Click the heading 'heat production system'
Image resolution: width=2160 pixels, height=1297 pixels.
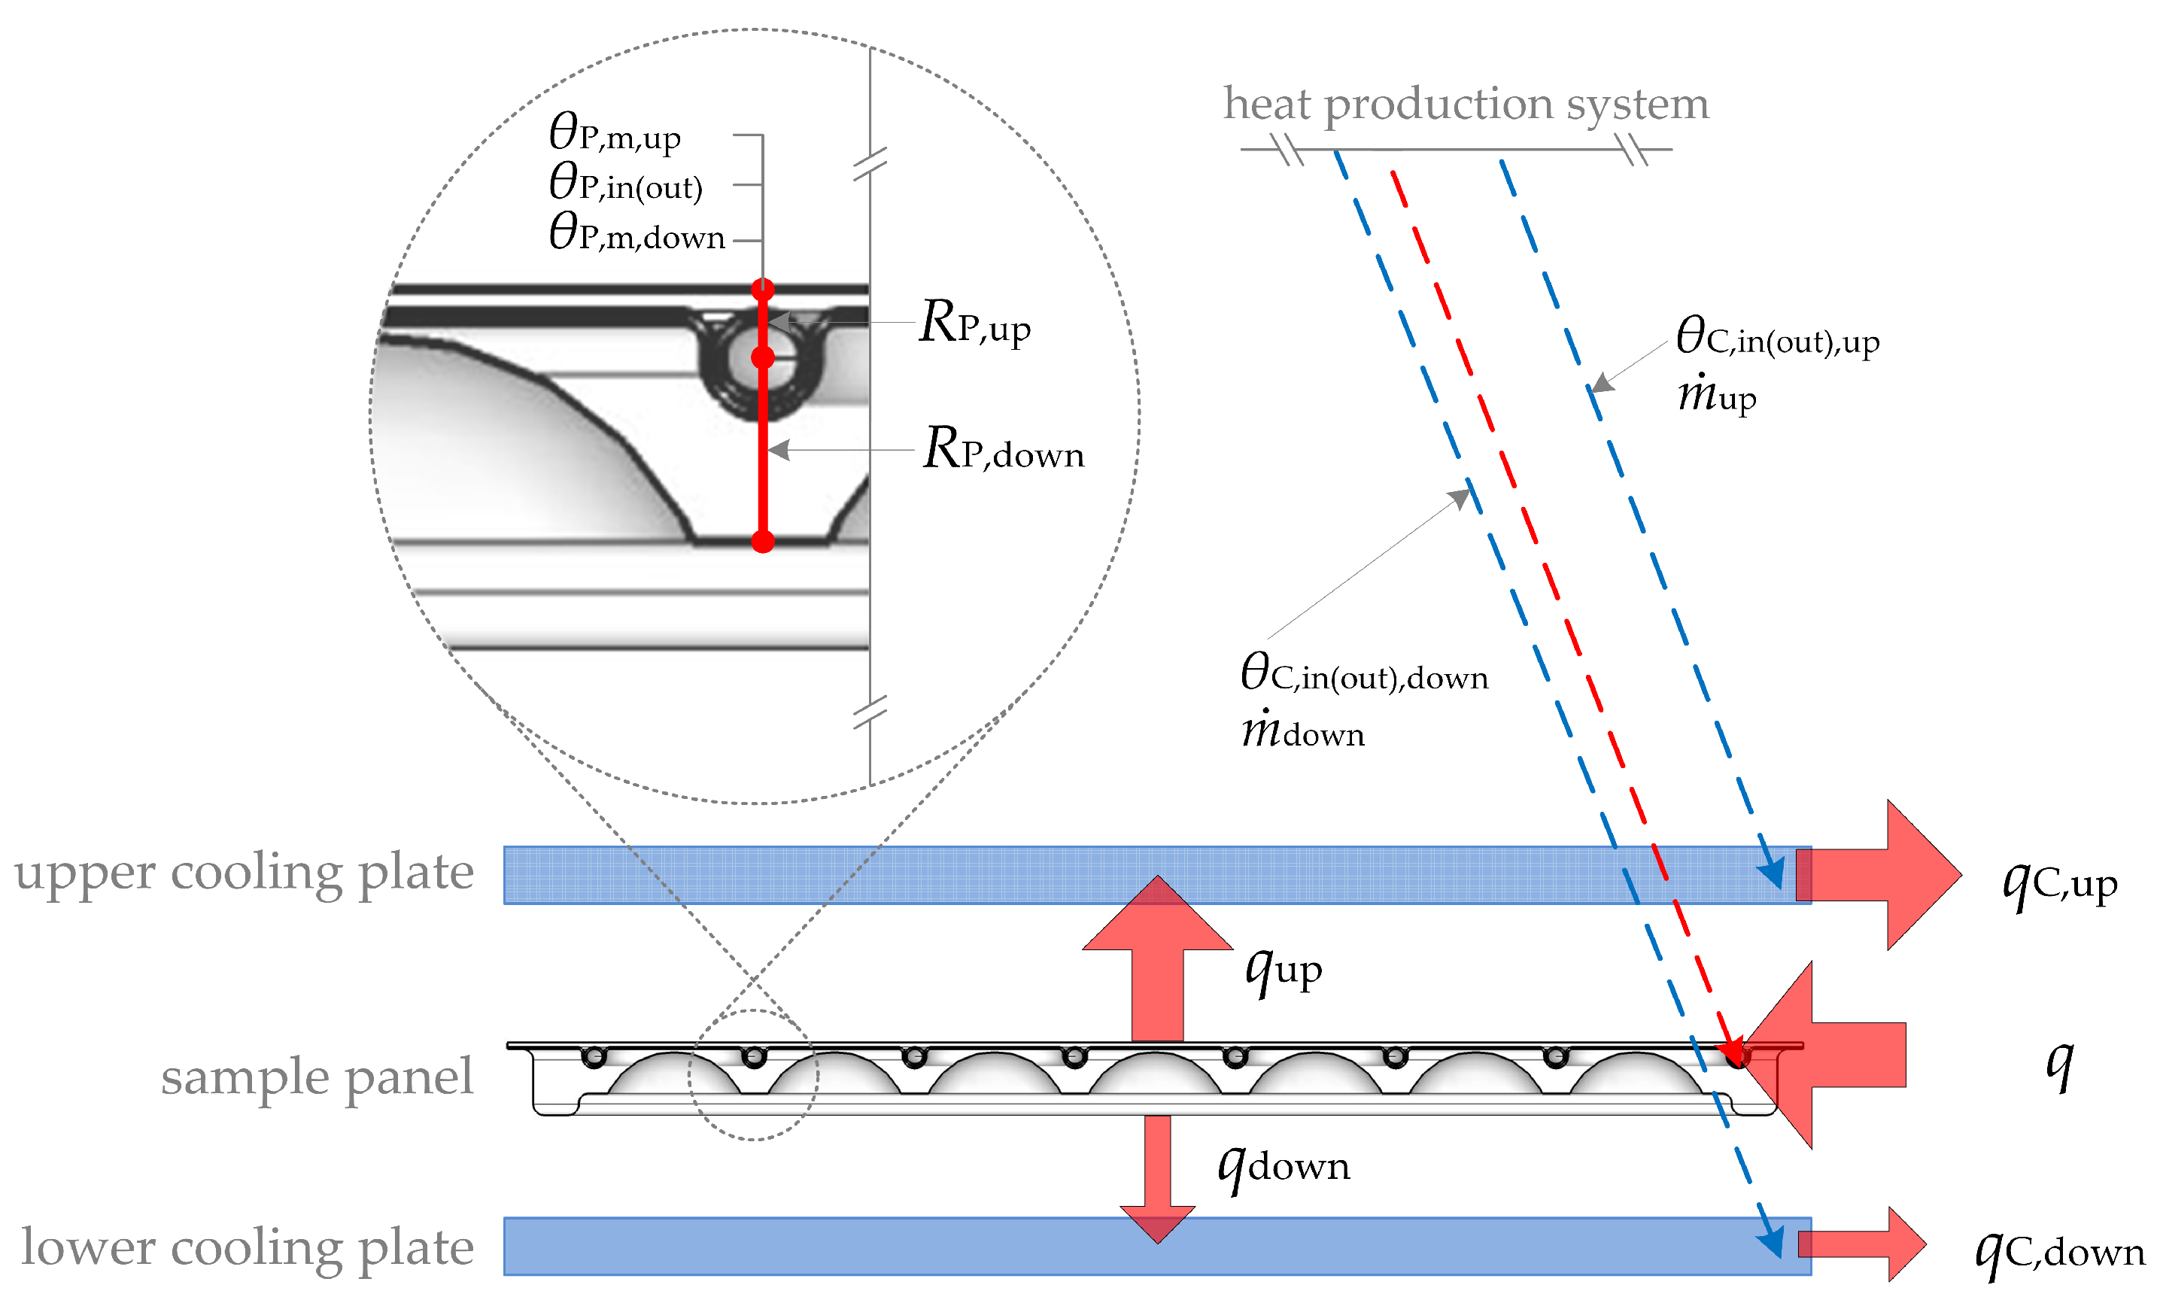point(1466,105)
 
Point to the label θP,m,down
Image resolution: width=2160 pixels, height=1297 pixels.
point(636,233)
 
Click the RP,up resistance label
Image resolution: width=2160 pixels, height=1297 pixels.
point(974,324)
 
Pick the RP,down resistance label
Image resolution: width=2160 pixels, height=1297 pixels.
point(1003,450)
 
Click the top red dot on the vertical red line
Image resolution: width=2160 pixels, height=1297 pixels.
point(763,288)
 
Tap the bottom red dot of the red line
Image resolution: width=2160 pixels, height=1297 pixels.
point(763,542)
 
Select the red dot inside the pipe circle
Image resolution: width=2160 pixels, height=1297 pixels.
point(763,357)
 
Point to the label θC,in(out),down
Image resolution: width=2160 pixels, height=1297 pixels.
point(1363,675)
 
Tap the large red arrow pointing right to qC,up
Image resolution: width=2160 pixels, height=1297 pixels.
point(1888,875)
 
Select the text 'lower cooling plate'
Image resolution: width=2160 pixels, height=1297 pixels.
point(248,1247)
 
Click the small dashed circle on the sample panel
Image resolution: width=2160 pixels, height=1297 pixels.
point(753,1076)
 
